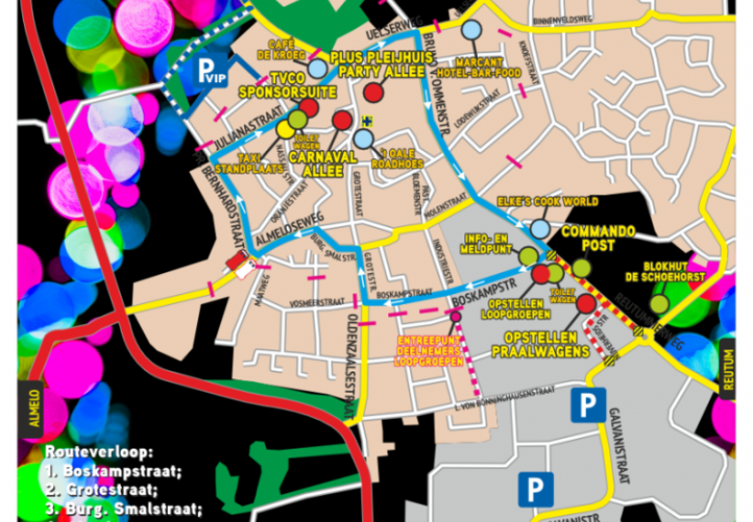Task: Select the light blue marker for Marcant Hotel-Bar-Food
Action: click(471, 30)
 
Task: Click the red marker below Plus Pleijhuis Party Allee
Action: click(375, 93)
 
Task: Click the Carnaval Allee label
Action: click(318, 163)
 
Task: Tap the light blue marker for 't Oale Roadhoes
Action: click(363, 139)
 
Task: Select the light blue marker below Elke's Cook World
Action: click(540, 229)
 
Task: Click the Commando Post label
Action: click(599, 238)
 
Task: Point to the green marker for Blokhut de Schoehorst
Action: click(658, 304)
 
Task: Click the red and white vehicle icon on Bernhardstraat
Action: click(237, 261)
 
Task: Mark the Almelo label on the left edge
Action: click(35, 410)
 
